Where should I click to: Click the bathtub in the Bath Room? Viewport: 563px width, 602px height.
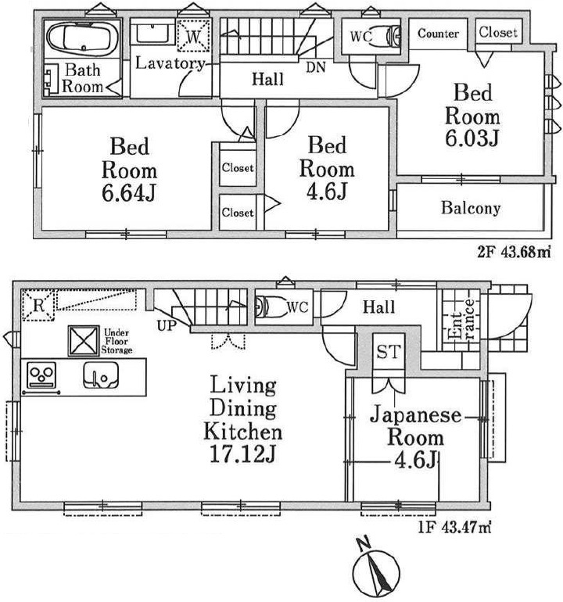(x=82, y=38)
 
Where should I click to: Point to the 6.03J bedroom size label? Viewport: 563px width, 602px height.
(x=472, y=138)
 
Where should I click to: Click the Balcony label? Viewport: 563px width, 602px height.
(x=470, y=209)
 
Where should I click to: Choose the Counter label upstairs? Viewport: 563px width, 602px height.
(x=438, y=33)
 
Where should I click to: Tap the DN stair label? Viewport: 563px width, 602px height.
(x=316, y=67)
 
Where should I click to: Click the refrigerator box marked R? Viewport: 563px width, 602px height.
(x=37, y=304)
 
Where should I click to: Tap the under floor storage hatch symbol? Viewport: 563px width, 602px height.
(x=82, y=340)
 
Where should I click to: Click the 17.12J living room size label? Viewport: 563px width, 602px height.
(x=243, y=453)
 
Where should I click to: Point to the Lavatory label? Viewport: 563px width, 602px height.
(x=170, y=63)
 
